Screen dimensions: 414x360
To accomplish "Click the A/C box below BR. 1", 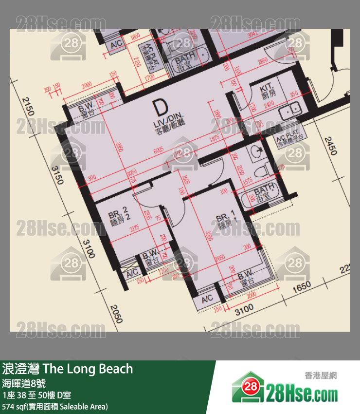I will click(x=207, y=299).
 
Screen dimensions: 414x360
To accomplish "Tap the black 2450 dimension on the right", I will click(x=332, y=145).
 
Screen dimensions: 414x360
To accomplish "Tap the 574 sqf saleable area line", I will click(x=55, y=406).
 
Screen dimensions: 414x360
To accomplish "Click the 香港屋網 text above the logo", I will click(x=321, y=376).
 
